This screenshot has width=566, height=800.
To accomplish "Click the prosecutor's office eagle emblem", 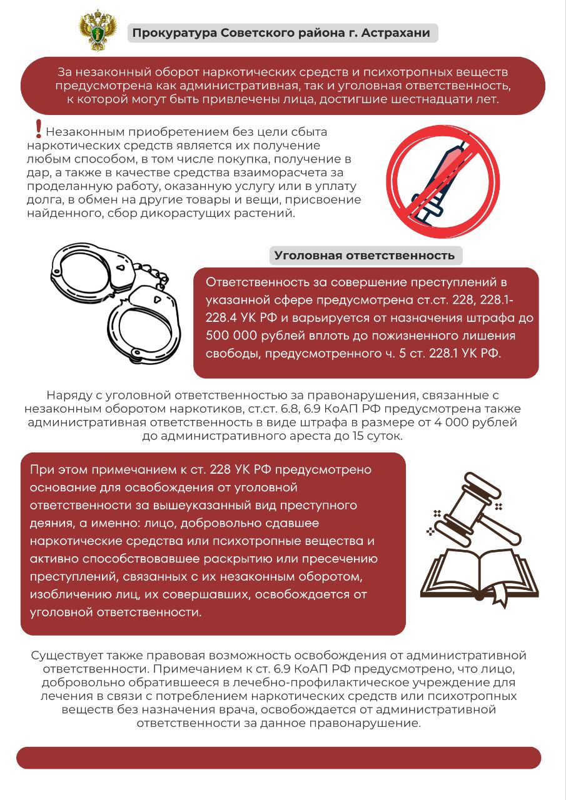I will (x=95, y=30).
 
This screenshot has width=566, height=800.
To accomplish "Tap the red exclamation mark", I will (x=39, y=128).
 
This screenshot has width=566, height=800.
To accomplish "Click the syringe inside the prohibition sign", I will (x=442, y=181).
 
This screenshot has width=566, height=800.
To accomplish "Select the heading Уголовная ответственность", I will (x=365, y=256).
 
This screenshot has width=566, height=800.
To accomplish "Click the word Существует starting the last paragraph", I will (x=68, y=656).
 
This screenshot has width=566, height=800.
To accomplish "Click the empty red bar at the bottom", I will (x=278, y=757).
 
